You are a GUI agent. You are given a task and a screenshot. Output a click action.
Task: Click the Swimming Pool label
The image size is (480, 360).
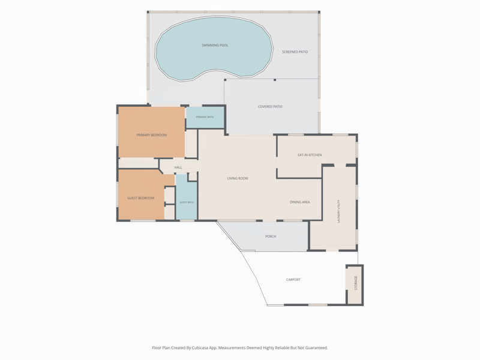pyautogui.click(x=215, y=46)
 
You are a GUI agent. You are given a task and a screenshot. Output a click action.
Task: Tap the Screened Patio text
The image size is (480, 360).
pyautogui.click(x=295, y=52)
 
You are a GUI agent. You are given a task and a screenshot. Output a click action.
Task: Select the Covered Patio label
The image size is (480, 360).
pyautogui.click(x=270, y=107)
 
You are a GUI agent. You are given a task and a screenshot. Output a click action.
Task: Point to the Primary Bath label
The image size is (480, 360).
pyautogui.click(x=205, y=117)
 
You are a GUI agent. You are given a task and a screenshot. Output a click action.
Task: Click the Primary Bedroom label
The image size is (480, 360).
pyautogui.click(x=152, y=135)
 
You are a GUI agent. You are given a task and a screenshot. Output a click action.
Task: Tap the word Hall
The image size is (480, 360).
pyautogui.click(x=178, y=167)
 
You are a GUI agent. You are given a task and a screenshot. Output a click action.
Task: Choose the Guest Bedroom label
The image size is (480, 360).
pyautogui.click(x=140, y=198)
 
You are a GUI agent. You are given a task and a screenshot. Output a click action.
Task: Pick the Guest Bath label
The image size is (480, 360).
pyautogui.click(x=187, y=202)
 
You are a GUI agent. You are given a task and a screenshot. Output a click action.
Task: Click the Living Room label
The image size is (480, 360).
pyautogui.click(x=238, y=178)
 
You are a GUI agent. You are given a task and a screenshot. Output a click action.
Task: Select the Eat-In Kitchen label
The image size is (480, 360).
pyautogui.click(x=310, y=155)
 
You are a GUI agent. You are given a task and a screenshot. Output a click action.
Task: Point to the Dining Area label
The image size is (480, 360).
pyautogui.click(x=299, y=202)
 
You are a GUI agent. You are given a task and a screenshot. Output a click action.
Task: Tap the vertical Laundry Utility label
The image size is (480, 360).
pyautogui.click(x=338, y=211)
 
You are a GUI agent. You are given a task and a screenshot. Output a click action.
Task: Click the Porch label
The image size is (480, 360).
pyautogui.click(x=271, y=236)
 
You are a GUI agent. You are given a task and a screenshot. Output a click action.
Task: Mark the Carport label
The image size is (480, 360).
pyautogui.click(x=293, y=280)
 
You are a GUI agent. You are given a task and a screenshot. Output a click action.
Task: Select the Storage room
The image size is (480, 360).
pyautogui.click(x=355, y=284)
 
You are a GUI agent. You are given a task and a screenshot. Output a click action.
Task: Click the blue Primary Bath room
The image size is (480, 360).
pyautogui.click(x=205, y=117)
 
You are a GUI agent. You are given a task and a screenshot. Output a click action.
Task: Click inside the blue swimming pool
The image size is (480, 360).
pyautogui.click(x=214, y=58)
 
